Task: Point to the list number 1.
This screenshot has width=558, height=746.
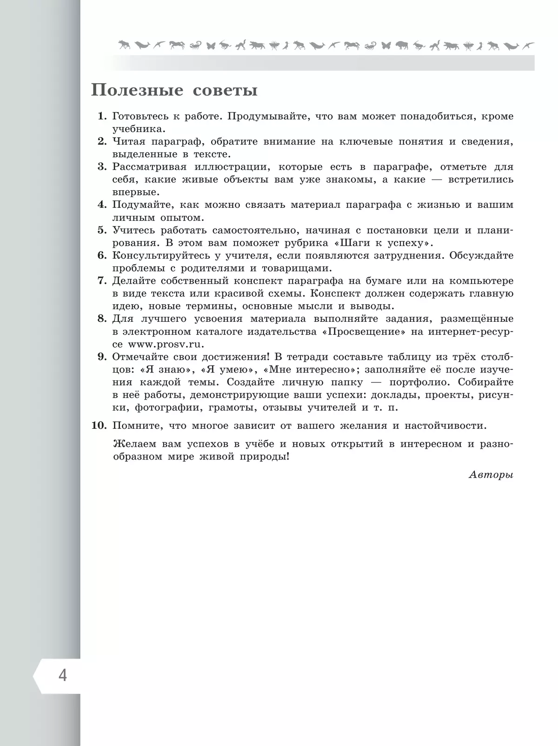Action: point(102,116)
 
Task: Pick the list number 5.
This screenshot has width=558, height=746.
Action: point(102,230)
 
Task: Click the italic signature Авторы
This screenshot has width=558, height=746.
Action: point(491,475)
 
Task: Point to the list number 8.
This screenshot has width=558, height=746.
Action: point(102,319)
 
